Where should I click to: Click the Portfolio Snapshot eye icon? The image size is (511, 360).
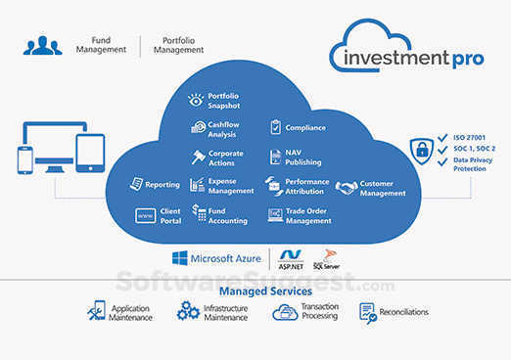click(196, 100)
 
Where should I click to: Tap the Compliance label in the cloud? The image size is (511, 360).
click(306, 127)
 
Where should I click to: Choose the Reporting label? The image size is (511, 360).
click(163, 184)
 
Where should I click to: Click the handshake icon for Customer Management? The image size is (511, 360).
click(346, 187)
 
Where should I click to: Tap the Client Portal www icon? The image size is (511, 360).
click(145, 215)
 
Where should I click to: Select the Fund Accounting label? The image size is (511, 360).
click(227, 215)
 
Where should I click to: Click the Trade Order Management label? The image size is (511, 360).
click(308, 215)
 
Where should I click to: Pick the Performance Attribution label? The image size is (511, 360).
click(306, 186)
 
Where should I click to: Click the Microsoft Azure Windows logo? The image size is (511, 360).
click(179, 258)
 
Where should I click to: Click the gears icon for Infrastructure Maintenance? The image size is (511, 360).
click(188, 312)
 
